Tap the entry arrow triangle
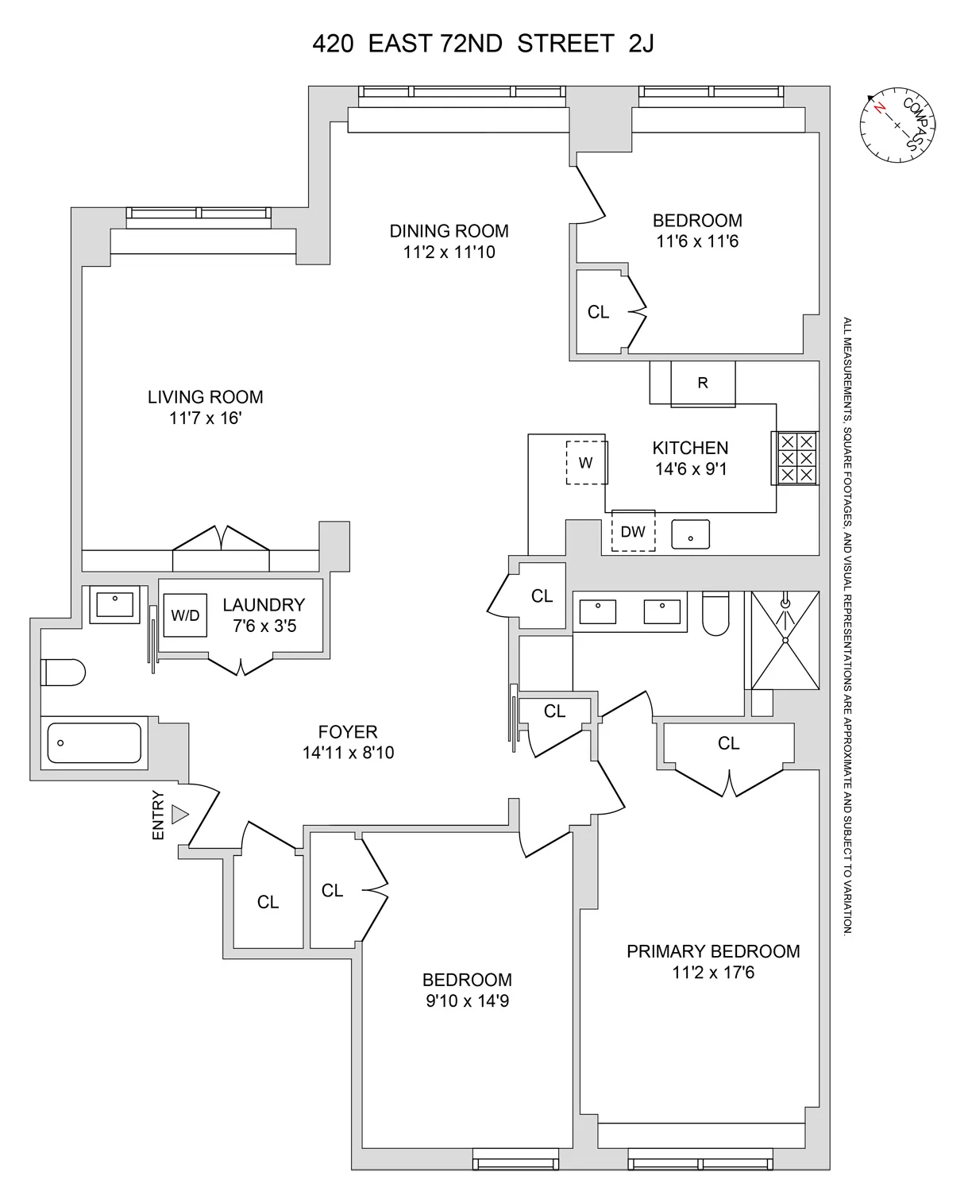click(x=180, y=814)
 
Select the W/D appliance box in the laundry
click(x=185, y=615)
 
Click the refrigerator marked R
click(x=702, y=384)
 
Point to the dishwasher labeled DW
click(x=633, y=531)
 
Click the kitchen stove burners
click(x=796, y=458)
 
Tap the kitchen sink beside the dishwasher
click(x=690, y=535)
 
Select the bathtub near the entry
click(x=94, y=743)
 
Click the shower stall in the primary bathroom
click(x=785, y=640)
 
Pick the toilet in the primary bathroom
click(x=715, y=615)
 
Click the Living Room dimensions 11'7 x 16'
click(x=205, y=418)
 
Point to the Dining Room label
click(x=449, y=231)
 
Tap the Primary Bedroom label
click(x=713, y=951)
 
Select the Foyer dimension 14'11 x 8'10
click(x=348, y=753)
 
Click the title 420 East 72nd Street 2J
click(x=483, y=44)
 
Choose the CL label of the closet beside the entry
click(x=268, y=902)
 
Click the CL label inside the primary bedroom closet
click(x=728, y=743)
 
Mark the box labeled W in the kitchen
click(x=586, y=462)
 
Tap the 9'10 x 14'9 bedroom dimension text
click(x=467, y=1001)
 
